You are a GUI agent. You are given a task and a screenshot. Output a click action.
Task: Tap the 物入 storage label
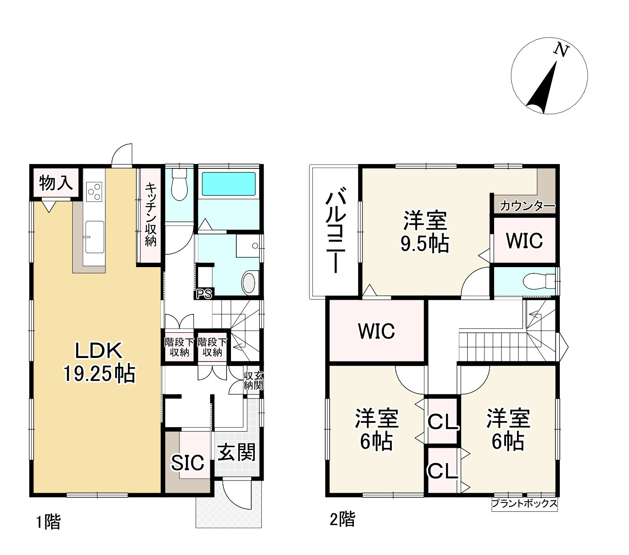point(56,183)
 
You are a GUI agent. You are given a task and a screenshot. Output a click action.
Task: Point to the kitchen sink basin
point(94,237)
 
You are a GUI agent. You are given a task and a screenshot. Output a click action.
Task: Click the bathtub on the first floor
point(228,184)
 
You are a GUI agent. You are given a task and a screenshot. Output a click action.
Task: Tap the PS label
point(204,294)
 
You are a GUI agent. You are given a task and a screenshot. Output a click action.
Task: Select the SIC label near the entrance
point(188,463)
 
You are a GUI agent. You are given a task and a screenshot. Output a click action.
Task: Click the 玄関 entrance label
point(237,453)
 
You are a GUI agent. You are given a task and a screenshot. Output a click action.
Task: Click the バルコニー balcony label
point(334,232)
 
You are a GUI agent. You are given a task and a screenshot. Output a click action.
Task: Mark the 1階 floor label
point(48,522)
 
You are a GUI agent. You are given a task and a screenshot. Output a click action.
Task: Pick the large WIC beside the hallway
point(376,331)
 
